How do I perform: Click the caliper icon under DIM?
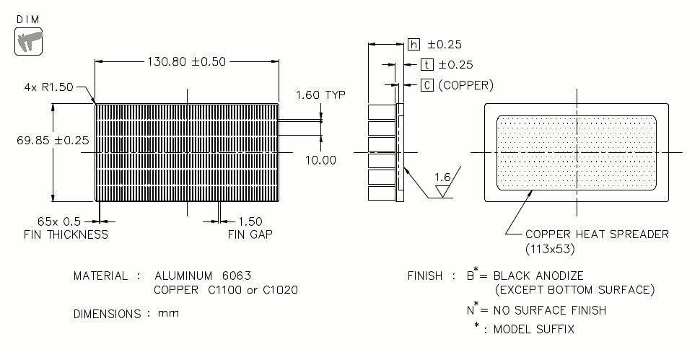[x=27, y=43]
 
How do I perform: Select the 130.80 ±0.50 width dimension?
[x=187, y=61]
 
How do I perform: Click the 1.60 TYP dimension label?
[x=320, y=95]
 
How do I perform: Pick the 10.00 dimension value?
[x=320, y=160]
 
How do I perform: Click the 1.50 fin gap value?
[x=249, y=221]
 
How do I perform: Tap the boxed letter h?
[x=414, y=45]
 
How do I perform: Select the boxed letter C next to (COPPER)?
[x=427, y=85]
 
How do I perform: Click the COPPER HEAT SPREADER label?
[x=597, y=234]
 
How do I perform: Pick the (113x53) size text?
[x=549, y=249]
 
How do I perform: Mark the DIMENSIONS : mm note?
[x=126, y=314]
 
